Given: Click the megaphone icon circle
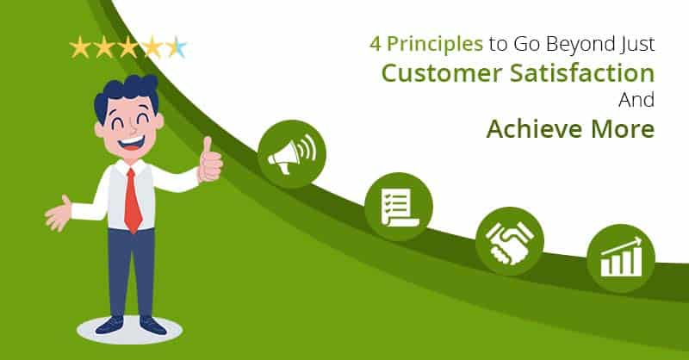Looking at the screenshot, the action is tap(292, 154).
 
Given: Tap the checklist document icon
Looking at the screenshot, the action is tap(399, 207).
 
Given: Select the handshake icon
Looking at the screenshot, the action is tap(510, 241).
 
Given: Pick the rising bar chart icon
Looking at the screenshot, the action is tap(621, 258).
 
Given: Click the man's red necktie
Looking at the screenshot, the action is tap(133, 201).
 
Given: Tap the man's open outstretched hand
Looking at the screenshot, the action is tap(58, 214).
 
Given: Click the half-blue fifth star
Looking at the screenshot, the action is tap(177, 47).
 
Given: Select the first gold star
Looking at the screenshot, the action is tap(80, 47).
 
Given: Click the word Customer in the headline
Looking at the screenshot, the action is tap(442, 73).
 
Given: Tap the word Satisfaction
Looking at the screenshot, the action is tap(582, 72).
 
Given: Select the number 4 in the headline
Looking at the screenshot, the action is tap(375, 44).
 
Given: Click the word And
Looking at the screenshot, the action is tap(636, 100).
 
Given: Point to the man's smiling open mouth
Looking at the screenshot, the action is tap(131, 142).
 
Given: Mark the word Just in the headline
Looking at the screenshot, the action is tap(639, 44).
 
